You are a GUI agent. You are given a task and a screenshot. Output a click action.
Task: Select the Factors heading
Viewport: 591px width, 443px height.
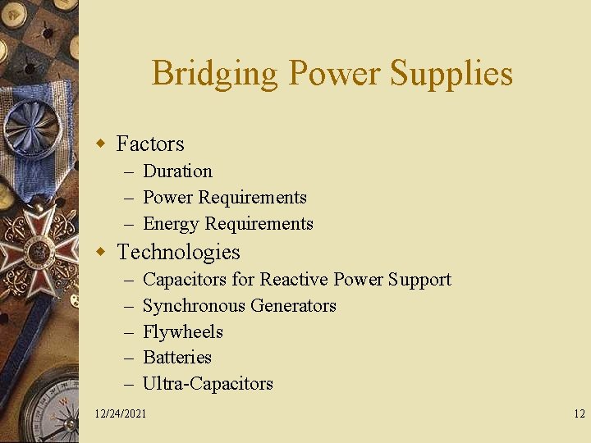(150, 144)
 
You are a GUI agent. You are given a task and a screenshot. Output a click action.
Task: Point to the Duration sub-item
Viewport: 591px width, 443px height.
(177, 171)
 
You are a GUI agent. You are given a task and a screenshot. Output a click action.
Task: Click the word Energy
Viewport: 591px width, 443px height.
(172, 224)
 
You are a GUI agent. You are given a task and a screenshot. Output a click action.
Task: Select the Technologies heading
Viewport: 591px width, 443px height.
(178, 252)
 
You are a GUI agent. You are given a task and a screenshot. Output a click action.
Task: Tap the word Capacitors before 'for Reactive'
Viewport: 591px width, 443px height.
(185, 280)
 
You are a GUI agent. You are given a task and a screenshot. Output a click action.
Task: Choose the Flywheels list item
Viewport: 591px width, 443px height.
(183, 332)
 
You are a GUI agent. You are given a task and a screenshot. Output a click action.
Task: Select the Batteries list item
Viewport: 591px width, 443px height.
(177, 358)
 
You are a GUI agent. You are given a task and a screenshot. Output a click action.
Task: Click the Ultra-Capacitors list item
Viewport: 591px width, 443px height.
(208, 384)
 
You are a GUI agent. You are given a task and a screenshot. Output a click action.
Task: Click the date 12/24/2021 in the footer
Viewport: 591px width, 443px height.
(121, 413)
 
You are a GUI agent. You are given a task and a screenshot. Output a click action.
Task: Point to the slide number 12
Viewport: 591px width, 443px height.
(579, 413)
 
